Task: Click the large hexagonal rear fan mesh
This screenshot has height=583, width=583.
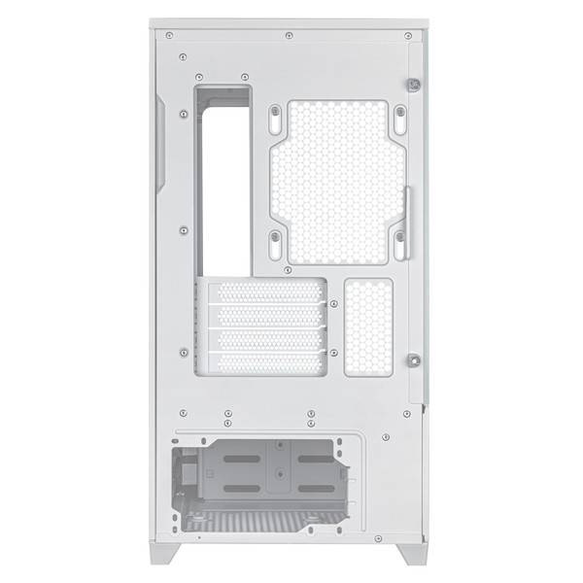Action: [x=335, y=180]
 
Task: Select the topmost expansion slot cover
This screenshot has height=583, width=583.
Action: [x=267, y=291]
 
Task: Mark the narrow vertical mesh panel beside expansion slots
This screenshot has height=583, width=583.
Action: [x=368, y=327]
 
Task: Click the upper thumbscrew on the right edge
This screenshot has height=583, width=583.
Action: [x=414, y=85]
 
